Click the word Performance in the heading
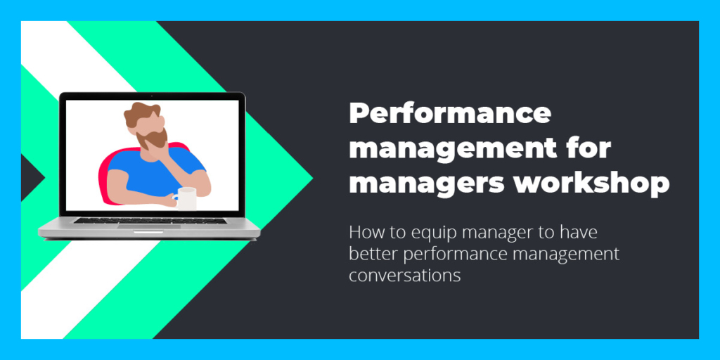449,113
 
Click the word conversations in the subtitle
404,276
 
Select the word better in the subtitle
373,254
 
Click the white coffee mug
186,198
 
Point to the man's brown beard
153,138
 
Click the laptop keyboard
150,220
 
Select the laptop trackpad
149,226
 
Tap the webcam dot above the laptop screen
152,96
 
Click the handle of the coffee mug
175,199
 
